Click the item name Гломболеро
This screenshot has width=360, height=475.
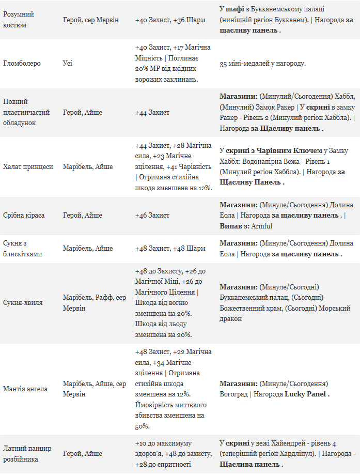click(22, 64)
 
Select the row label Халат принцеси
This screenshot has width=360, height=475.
click(28, 167)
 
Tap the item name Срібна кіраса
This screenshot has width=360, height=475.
click(24, 215)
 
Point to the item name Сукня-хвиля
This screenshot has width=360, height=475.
click(23, 303)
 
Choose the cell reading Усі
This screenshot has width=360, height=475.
click(68, 64)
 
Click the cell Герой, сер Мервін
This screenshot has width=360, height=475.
click(90, 20)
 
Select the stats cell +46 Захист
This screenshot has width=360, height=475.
click(152, 215)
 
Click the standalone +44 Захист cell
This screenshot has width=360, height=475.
click(152, 112)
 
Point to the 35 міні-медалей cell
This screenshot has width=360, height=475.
click(262, 64)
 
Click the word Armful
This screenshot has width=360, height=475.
click(262, 226)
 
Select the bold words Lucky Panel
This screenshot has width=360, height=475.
click(305, 394)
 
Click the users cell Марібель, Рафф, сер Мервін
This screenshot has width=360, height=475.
click(94, 303)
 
